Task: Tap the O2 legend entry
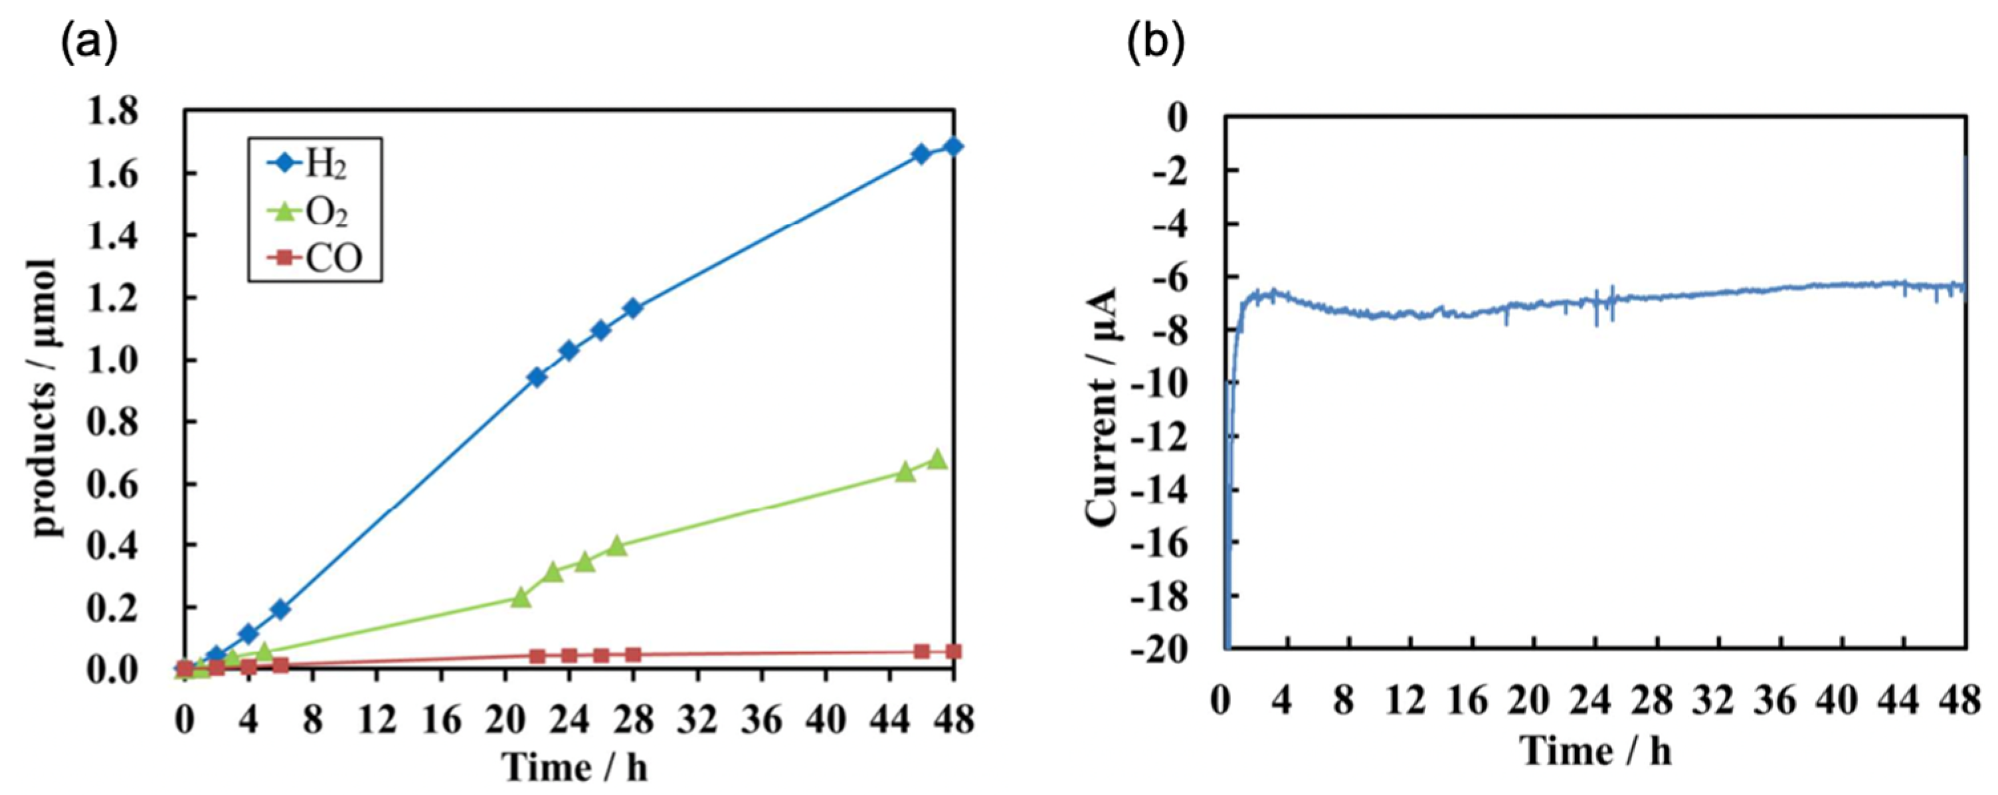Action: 314,211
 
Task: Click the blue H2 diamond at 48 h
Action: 953,147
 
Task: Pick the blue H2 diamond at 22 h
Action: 537,377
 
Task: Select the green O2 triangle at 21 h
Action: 521,597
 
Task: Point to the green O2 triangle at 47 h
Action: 937,459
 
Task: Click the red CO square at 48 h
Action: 953,652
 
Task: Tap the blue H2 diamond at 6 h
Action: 281,609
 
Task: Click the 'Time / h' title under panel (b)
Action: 1595,751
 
